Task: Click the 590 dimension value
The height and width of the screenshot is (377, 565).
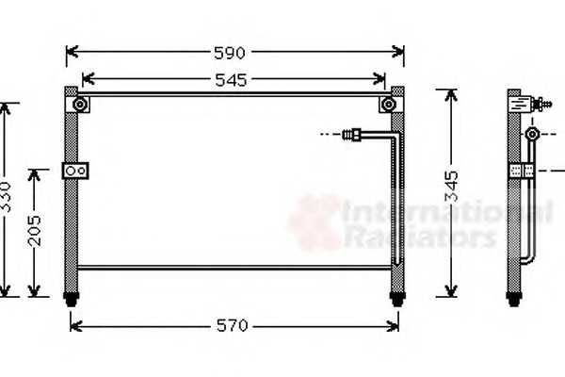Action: pyautogui.click(x=230, y=53)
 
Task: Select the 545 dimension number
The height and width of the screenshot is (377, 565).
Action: pyautogui.click(x=231, y=80)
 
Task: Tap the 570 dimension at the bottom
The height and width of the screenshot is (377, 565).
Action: pyautogui.click(x=233, y=326)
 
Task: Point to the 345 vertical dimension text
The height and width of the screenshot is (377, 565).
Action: pyautogui.click(x=451, y=187)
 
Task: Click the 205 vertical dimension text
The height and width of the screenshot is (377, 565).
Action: pyautogui.click(x=35, y=231)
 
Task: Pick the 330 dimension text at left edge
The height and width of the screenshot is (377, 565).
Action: pyautogui.click(x=5, y=197)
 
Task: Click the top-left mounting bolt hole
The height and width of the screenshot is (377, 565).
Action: pyautogui.click(x=80, y=105)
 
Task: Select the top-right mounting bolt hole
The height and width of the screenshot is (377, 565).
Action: pyautogui.click(x=388, y=105)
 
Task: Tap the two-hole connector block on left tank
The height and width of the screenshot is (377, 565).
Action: pyautogui.click(x=75, y=171)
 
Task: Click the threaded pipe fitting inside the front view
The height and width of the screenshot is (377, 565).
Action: pyautogui.click(x=351, y=134)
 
